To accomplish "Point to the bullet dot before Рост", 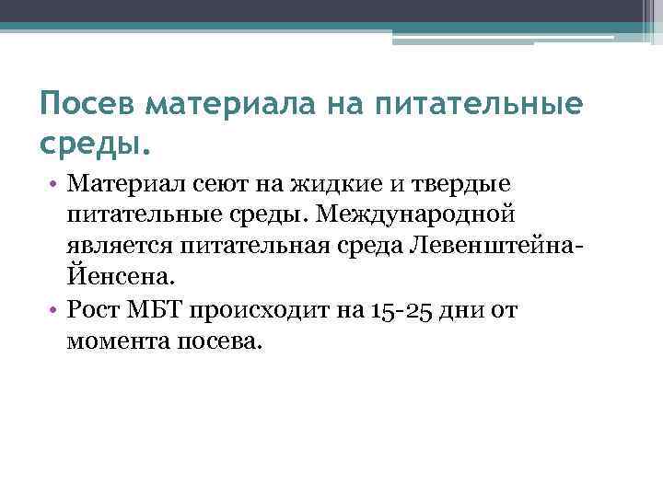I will (56, 310).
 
